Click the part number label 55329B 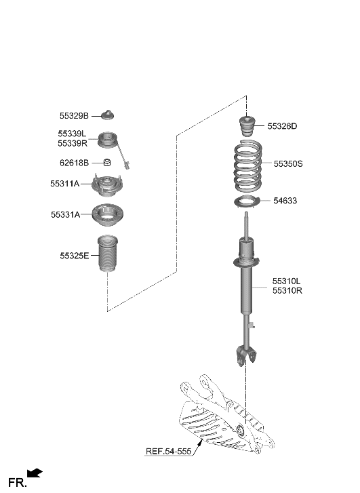(73, 116)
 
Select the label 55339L (72, 134)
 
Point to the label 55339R (73, 144)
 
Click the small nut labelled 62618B (106, 163)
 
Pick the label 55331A (65, 215)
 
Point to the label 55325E (74, 256)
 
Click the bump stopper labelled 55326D (247, 127)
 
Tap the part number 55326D (282, 126)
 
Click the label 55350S (287, 163)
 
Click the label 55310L (287, 280)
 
